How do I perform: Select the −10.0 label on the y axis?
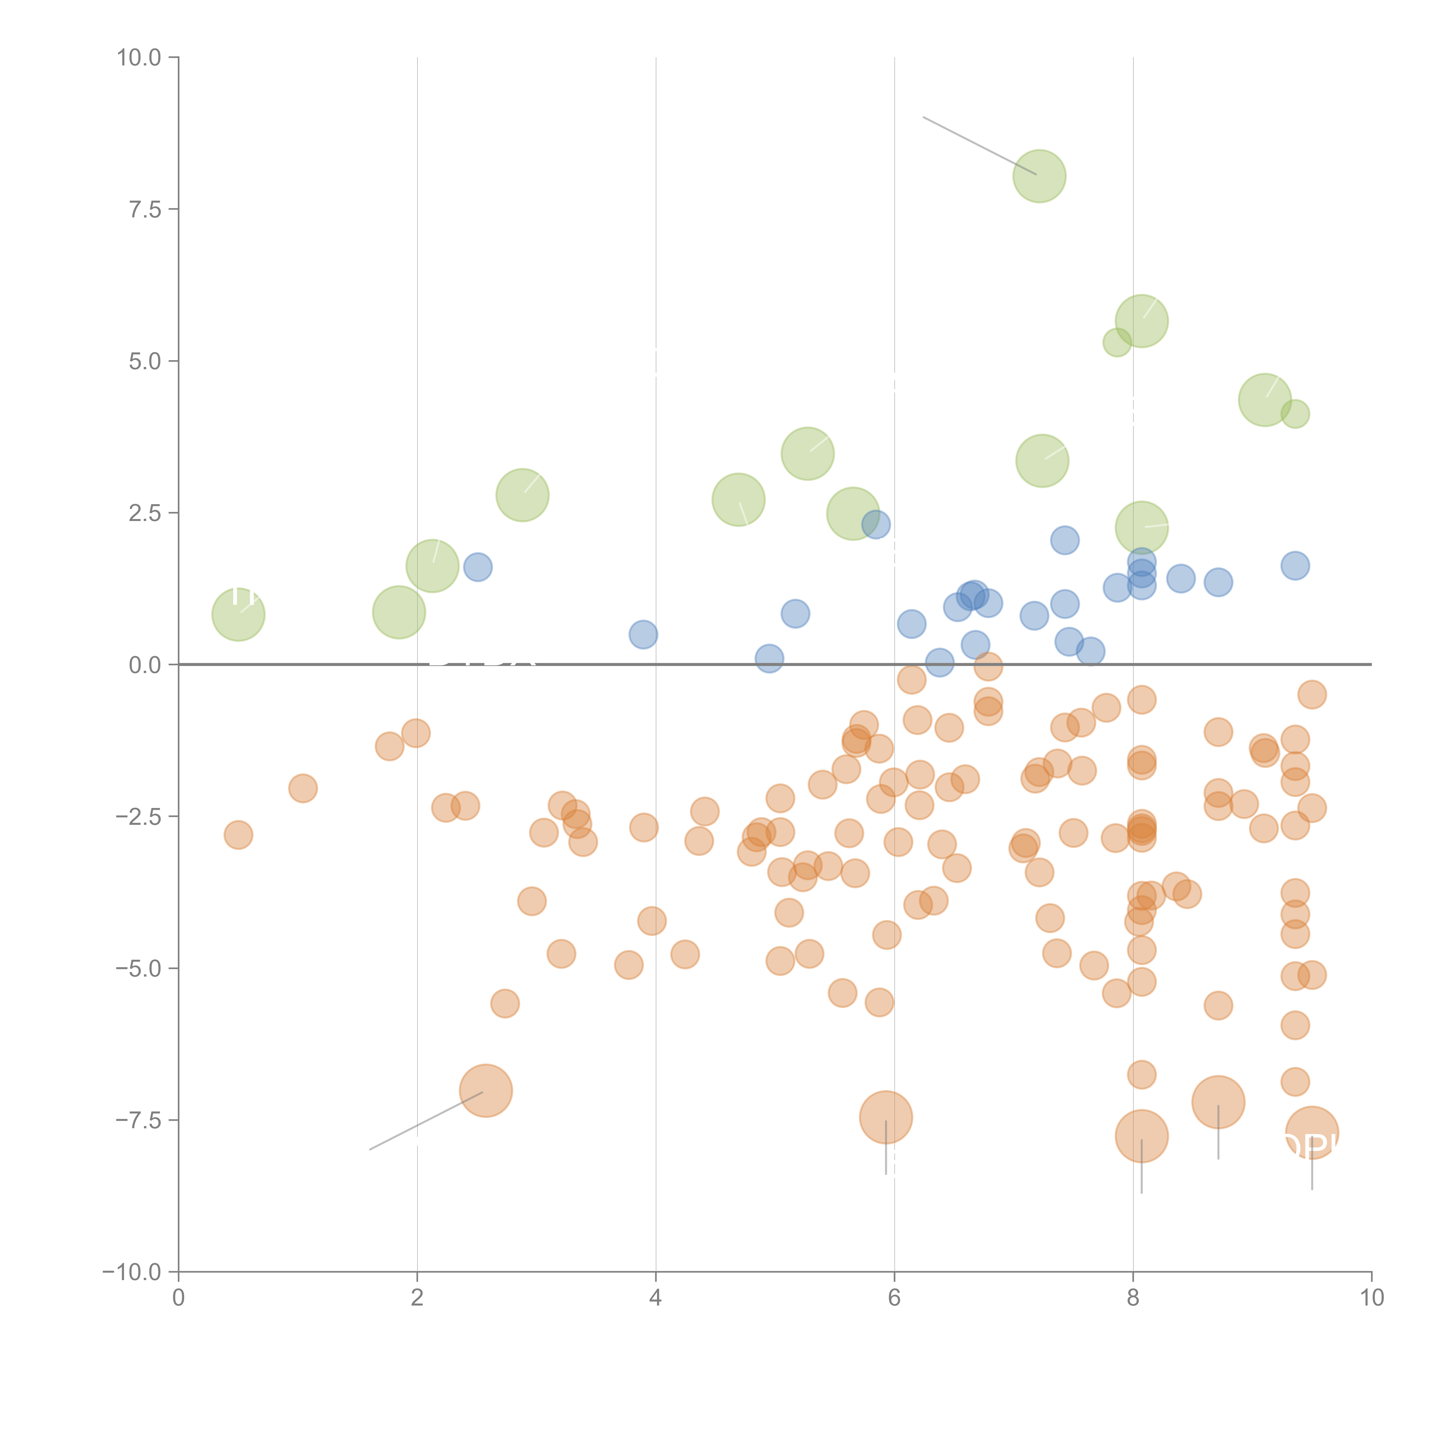(x=132, y=1272)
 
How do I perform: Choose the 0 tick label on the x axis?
(x=178, y=1298)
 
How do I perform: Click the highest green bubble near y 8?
(x=1039, y=176)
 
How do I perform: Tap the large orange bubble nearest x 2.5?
(x=486, y=1091)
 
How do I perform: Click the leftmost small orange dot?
(x=238, y=835)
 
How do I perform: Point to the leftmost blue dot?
(x=478, y=567)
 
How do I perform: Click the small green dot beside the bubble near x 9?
(x=1295, y=414)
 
